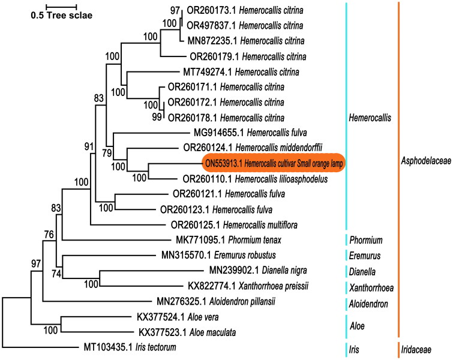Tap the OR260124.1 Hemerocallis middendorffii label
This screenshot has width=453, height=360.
pyautogui.click(x=253, y=148)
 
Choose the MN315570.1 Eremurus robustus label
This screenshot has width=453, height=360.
pyautogui.click(x=211, y=255)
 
